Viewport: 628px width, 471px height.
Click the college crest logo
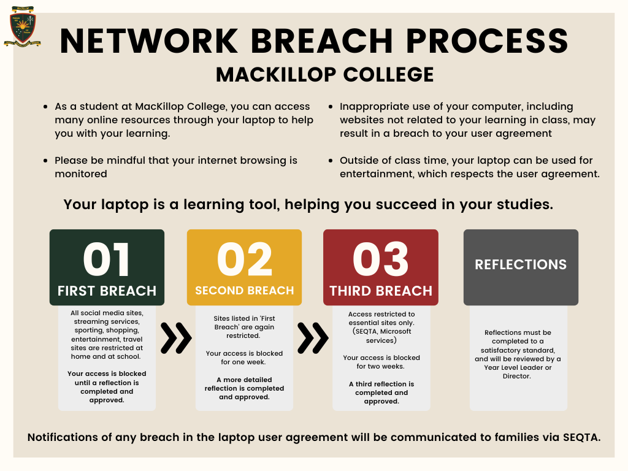click(23, 26)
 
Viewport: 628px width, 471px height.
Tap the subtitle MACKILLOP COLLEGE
click(324, 75)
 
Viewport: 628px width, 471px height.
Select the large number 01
click(107, 259)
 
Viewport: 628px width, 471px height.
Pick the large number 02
click(244, 259)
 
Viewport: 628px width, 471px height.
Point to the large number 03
click(380, 259)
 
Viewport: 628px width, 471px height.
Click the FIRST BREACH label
click(107, 291)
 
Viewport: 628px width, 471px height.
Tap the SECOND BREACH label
click(244, 291)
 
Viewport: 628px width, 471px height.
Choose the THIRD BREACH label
click(380, 291)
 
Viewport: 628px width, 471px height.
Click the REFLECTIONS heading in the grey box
click(521, 265)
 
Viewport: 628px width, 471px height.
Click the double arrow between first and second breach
click(176, 338)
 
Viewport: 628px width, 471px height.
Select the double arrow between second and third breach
click(313, 338)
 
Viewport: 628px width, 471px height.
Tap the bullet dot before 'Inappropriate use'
click(331, 107)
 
